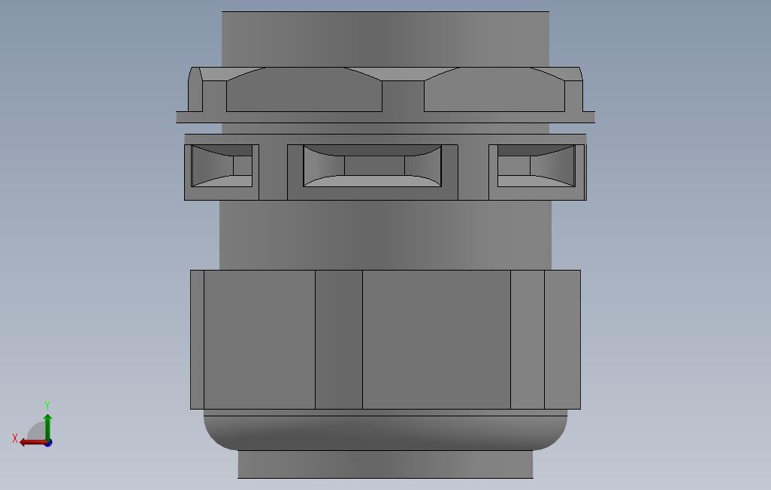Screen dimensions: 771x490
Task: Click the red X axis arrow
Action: point(33,443)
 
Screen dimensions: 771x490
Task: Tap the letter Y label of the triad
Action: point(47,405)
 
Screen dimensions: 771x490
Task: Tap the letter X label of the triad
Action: point(15,438)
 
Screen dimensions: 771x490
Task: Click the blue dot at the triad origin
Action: point(48,443)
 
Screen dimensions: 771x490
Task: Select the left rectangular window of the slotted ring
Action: point(222,166)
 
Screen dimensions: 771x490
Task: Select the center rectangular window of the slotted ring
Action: point(372,166)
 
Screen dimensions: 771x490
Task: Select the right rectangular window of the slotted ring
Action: point(536,166)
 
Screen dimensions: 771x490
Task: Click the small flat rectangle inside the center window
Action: point(374,165)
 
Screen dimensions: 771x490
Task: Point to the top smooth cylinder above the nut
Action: point(385,39)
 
